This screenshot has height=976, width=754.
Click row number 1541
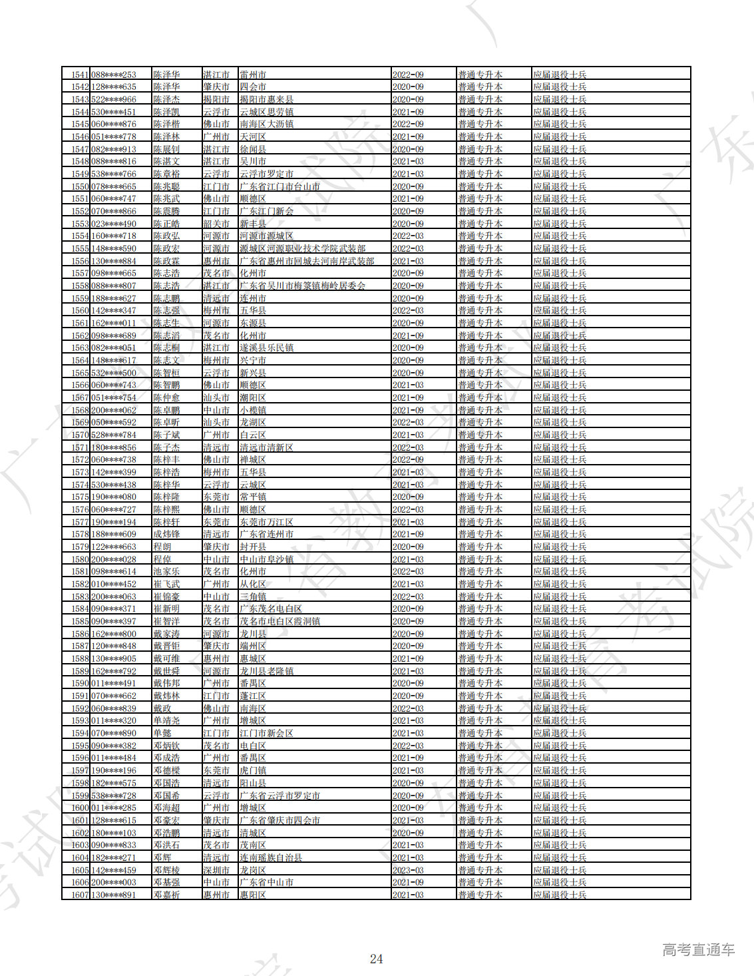click(x=80, y=75)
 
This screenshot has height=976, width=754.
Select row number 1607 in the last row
click(x=80, y=895)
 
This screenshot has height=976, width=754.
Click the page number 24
click(x=376, y=959)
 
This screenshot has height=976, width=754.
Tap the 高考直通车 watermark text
click(x=698, y=950)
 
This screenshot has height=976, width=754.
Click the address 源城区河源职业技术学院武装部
click(x=303, y=248)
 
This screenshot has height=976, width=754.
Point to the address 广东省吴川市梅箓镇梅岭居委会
click(x=303, y=286)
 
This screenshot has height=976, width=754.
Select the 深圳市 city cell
click(x=216, y=870)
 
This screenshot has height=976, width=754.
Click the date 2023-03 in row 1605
click(x=408, y=870)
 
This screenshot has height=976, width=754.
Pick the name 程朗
click(x=162, y=547)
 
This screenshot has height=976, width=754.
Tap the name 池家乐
click(x=166, y=571)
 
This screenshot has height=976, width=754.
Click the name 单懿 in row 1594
click(x=162, y=733)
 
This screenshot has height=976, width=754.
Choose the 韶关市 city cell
click(x=216, y=224)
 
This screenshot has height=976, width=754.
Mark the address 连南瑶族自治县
click(x=271, y=857)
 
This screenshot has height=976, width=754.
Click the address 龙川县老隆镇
click(x=266, y=671)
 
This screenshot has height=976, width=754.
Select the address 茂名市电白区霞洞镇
click(x=280, y=621)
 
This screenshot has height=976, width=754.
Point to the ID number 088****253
click(x=114, y=75)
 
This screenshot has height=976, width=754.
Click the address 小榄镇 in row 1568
click(x=253, y=410)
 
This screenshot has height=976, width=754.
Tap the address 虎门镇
click(x=253, y=770)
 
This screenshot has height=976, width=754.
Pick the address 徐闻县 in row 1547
click(x=253, y=149)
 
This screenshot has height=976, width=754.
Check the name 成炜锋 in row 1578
click(x=166, y=534)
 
